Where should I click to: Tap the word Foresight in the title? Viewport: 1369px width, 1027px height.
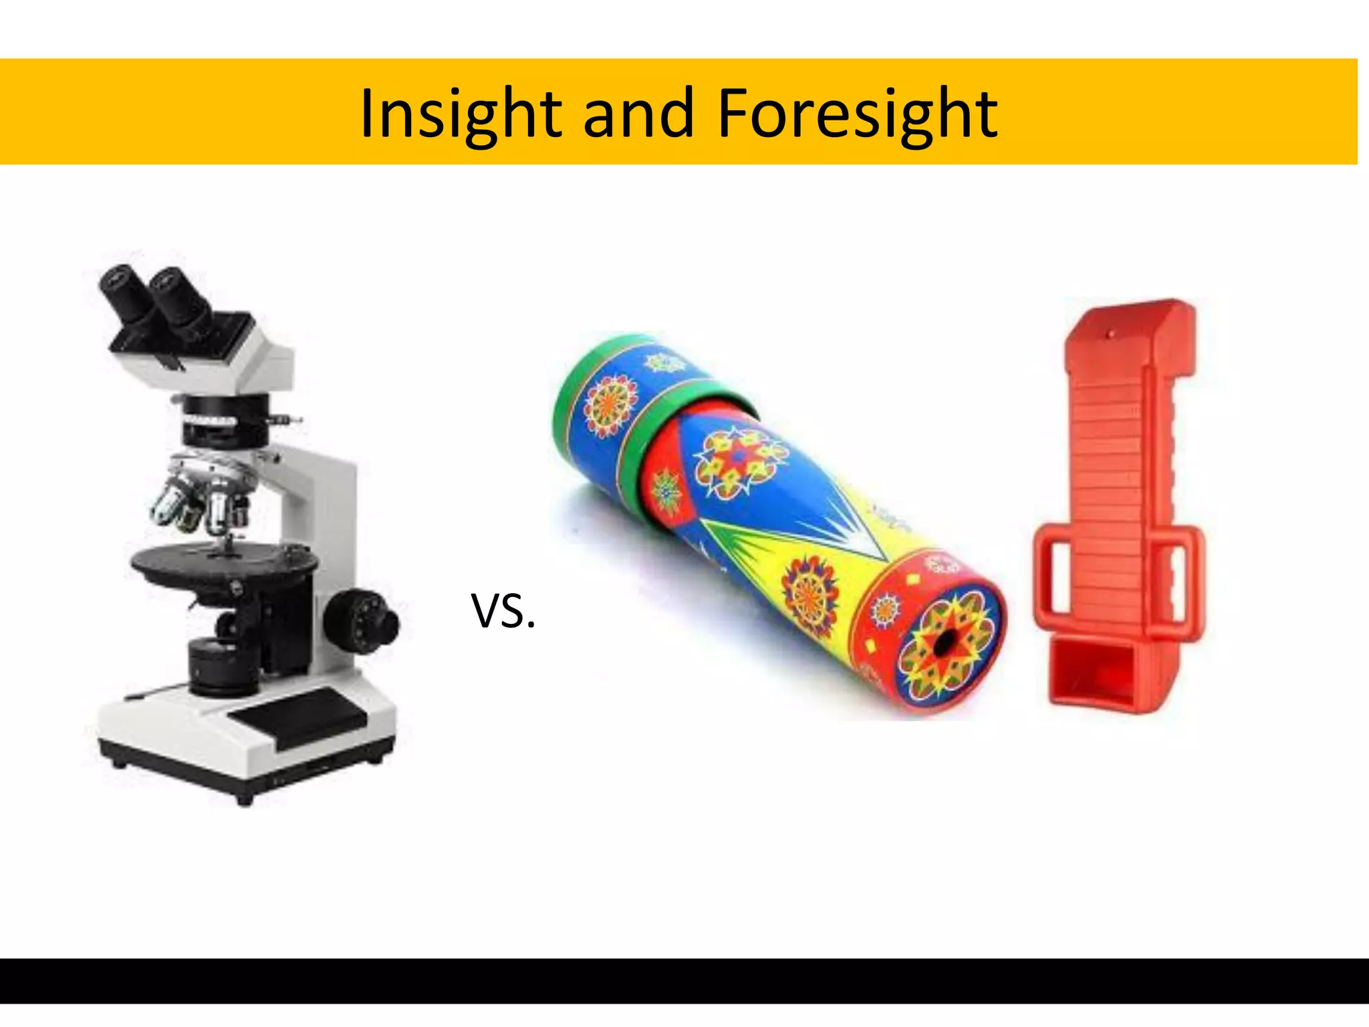[857, 114]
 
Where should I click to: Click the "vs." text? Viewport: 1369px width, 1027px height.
[503, 610]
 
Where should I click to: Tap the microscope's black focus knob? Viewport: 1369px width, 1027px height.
[361, 620]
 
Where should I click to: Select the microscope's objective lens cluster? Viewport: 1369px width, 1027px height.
[201, 501]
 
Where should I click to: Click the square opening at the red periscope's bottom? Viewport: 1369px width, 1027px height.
[1096, 672]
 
